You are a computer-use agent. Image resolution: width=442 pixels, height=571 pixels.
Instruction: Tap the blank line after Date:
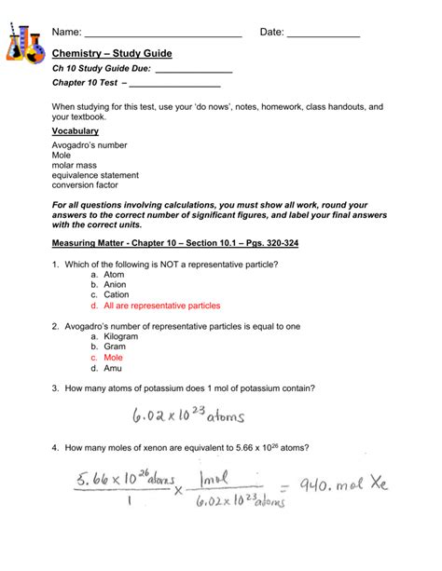click(x=323, y=35)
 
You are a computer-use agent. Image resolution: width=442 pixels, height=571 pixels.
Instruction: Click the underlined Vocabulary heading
click(x=76, y=131)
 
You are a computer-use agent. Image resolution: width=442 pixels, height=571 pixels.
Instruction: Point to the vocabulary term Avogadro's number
click(x=90, y=144)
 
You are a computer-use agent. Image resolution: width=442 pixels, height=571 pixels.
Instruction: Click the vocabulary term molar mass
click(x=75, y=165)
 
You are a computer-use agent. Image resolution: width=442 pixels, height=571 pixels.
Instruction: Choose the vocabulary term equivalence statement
click(x=96, y=175)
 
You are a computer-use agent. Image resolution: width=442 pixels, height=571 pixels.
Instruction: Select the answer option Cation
click(x=117, y=295)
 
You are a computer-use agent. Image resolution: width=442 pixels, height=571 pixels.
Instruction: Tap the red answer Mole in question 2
click(x=114, y=358)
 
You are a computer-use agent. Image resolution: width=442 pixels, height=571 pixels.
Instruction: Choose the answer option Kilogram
click(x=121, y=336)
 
